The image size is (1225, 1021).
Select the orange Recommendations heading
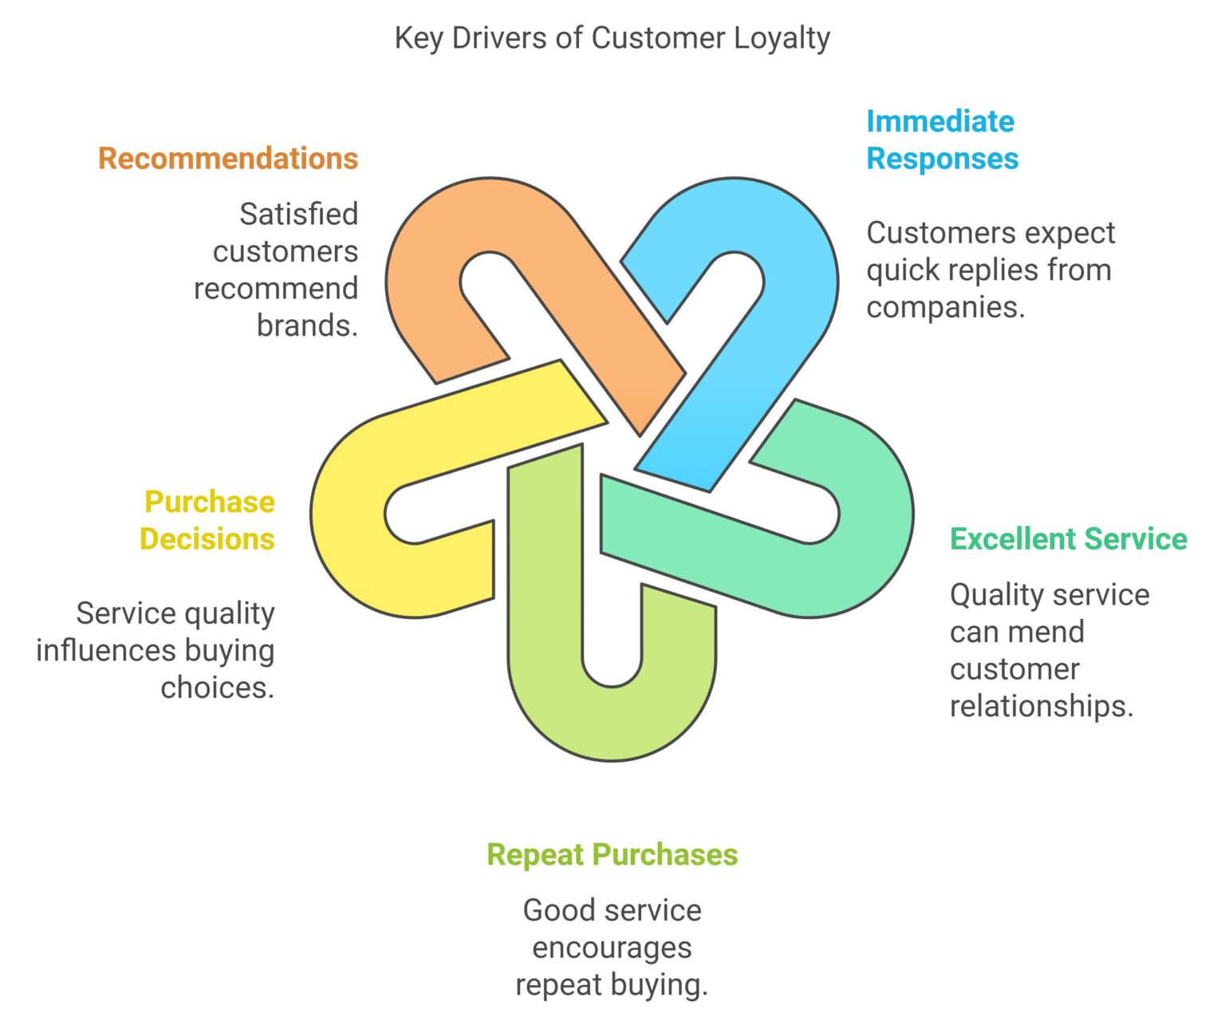[x=228, y=159]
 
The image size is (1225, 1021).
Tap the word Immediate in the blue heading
[x=939, y=122]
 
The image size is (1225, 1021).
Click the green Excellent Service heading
[x=1068, y=539]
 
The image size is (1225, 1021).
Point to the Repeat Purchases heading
[x=612, y=854]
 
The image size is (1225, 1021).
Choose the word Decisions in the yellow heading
[x=207, y=539]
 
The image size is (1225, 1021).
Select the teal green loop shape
[x=869, y=558]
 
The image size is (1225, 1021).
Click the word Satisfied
[x=298, y=215]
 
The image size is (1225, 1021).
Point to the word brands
[x=307, y=325]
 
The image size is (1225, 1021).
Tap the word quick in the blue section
[x=899, y=270]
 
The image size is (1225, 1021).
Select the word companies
[x=945, y=307]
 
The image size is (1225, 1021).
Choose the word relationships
[x=1041, y=706]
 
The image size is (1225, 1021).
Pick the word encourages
[x=612, y=948]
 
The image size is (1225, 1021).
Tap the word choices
[x=217, y=688]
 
